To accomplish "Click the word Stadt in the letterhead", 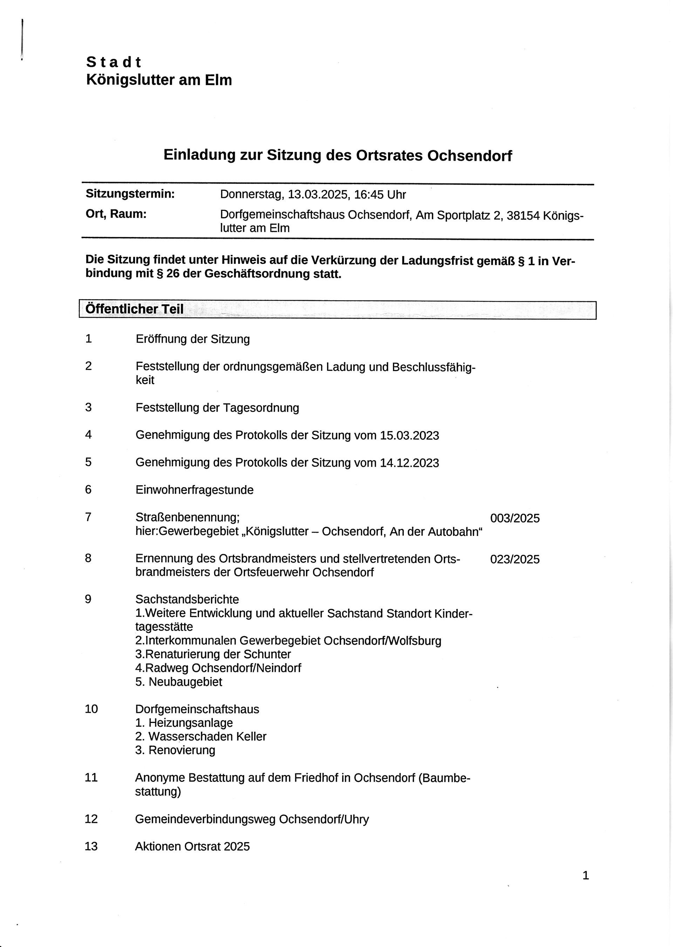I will (x=114, y=62).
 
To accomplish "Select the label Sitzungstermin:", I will (x=130, y=194).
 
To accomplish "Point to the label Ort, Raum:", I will (x=116, y=214).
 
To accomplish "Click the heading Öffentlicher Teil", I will (x=134, y=309).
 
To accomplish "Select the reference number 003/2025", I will (x=515, y=518).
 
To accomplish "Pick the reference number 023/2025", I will (x=515, y=559).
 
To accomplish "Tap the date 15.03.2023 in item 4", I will (x=409, y=435).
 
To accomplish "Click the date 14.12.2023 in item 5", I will (x=409, y=463).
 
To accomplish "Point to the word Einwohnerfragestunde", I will (x=194, y=490).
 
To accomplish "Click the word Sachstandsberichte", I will (x=187, y=599).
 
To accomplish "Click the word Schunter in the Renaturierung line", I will (x=267, y=654).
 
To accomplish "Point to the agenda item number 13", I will (x=91, y=846).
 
